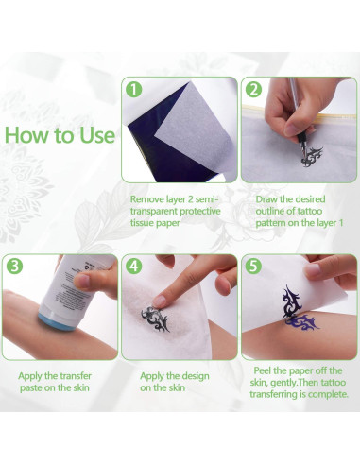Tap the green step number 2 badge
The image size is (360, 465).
click(252, 92)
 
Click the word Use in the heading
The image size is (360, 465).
click(95, 134)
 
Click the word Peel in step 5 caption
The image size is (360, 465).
click(267, 370)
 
